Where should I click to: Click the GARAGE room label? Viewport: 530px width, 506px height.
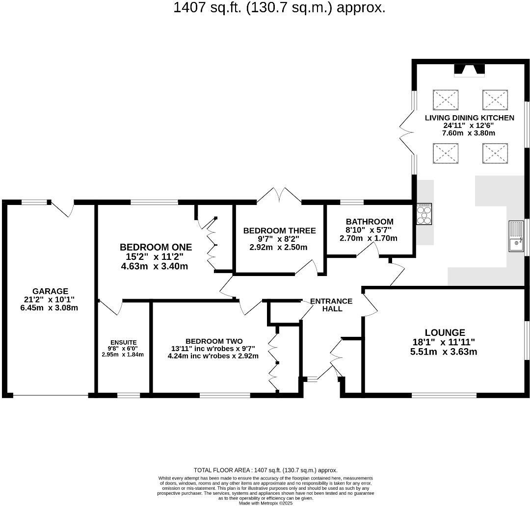[x=51, y=291]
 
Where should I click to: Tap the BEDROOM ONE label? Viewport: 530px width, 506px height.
[x=156, y=247]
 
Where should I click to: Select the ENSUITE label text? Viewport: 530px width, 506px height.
[x=123, y=342]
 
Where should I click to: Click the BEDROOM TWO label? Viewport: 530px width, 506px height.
[x=213, y=341]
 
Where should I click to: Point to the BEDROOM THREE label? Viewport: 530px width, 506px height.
[x=279, y=230]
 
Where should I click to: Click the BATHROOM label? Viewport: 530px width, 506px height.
[x=369, y=222]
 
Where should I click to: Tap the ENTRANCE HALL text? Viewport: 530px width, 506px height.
[x=331, y=305]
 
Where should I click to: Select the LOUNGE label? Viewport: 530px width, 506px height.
[x=445, y=332]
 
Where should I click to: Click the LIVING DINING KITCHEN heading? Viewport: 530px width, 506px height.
[x=469, y=118]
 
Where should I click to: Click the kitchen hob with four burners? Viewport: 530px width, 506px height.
[x=424, y=214]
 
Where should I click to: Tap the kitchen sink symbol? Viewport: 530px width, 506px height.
[x=516, y=236]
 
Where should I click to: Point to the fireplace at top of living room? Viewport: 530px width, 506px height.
[x=469, y=71]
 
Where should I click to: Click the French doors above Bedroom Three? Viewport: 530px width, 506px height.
[x=279, y=195]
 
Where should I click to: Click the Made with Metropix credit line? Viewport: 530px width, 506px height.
[x=265, y=503]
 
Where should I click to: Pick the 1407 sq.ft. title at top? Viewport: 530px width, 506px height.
[x=279, y=8]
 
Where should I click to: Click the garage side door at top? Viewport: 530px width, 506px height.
[x=64, y=208]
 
